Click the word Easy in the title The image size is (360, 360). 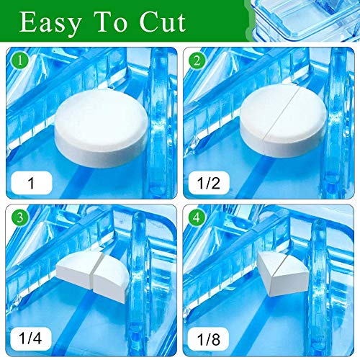pyautogui.click(x=50, y=23)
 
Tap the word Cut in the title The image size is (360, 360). pyautogui.click(x=163, y=22)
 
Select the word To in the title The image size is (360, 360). pyautogui.click(x=109, y=22)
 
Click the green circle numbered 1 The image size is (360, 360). pyautogui.click(x=20, y=60)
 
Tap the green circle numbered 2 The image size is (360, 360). pyautogui.click(x=197, y=60)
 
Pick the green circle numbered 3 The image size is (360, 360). pyautogui.click(x=20, y=217)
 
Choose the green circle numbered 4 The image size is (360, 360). pyautogui.click(x=197, y=217)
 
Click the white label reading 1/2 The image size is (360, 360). pyautogui.click(x=209, y=183)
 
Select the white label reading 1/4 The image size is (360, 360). pyautogui.click(x=31, y=338)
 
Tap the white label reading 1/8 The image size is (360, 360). pyautogui.click(x=208, y=338)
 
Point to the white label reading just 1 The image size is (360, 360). pyautogui.click(x=32, y=183)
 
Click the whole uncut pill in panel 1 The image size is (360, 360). pyautogui.click(x=102, y=127)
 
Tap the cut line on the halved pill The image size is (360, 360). pyautogui.click(x=281, y=114)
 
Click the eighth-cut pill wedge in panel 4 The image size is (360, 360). pyautogui.click(x=283, y=274)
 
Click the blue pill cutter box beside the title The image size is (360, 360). pyautogui.click(x=305, y=20)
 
